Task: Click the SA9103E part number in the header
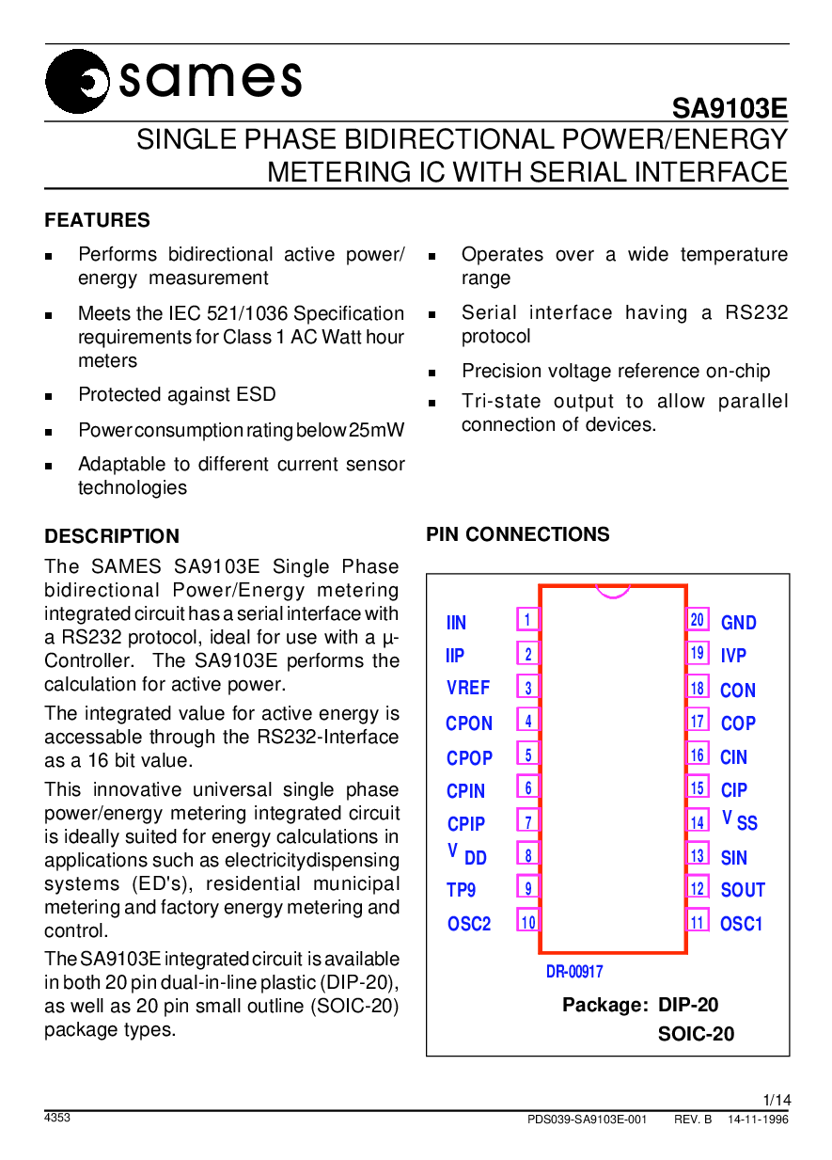tap(730, 109)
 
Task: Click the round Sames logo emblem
tap(77, 82)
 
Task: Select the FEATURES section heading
tap(97, 220)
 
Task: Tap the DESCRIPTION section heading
tap(112, 536)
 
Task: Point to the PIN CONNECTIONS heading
tap(518, 534)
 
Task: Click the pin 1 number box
tap(528, 619)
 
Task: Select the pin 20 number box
tap(697, 619)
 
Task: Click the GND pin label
tap(739, 623)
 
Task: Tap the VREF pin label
tap(468, 688)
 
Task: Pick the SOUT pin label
tap(743, 890)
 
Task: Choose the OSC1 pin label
tap(741, 924)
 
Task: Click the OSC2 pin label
tap(469, 924)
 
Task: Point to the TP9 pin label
tap(461, 890)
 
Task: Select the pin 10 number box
tap(528, 922)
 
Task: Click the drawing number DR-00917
tap(574, 972)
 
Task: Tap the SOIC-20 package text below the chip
tap(696, 1034)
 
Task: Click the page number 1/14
tap(777, 1100)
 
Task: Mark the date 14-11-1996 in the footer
tap(758, 1120)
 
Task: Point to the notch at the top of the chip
tap(613, 592)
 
